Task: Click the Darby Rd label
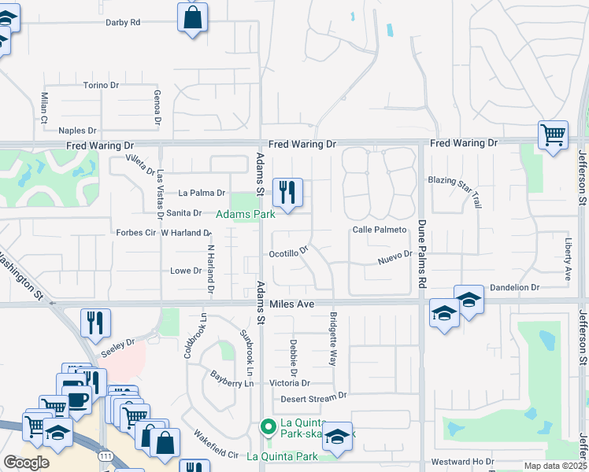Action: [x=123, y=23]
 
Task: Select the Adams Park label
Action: [x=246, y=214]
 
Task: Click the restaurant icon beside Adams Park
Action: [x=287, y=191]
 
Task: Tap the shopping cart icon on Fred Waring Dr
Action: [x=553, y=135]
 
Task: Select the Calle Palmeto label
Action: [x=379, y=230]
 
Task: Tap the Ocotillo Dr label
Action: [x=288, y=254]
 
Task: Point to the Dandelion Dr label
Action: [x=514, y=288]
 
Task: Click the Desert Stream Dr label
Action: [x=313, y=397]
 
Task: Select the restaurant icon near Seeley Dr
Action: [x=95, y=322]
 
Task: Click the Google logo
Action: [x=26, y=462]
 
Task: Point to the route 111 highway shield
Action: [x=104, y=455]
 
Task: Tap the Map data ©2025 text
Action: [x=554, y=466]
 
